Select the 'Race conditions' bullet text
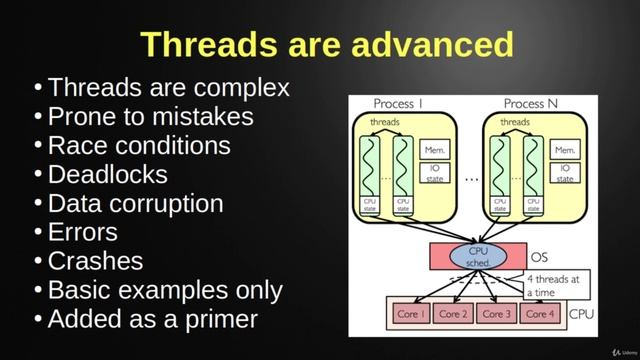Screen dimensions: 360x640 [139, 145]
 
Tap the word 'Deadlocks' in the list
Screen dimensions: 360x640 [107, 174]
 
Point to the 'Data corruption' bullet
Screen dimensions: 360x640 [135, 203]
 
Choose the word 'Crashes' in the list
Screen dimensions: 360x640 [95, 261]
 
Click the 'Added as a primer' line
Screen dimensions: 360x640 [152, 319]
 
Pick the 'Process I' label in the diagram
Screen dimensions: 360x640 [398, 104]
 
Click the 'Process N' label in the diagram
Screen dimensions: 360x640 [524, 104]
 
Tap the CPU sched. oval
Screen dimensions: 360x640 [480, 256]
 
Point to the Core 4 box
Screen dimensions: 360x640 [539, 314]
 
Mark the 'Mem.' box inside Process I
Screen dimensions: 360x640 [434, 149]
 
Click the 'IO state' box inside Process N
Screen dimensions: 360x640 [565, 174]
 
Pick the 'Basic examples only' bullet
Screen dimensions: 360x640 [165, 290]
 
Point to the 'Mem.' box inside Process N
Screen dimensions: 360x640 [565, 149]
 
